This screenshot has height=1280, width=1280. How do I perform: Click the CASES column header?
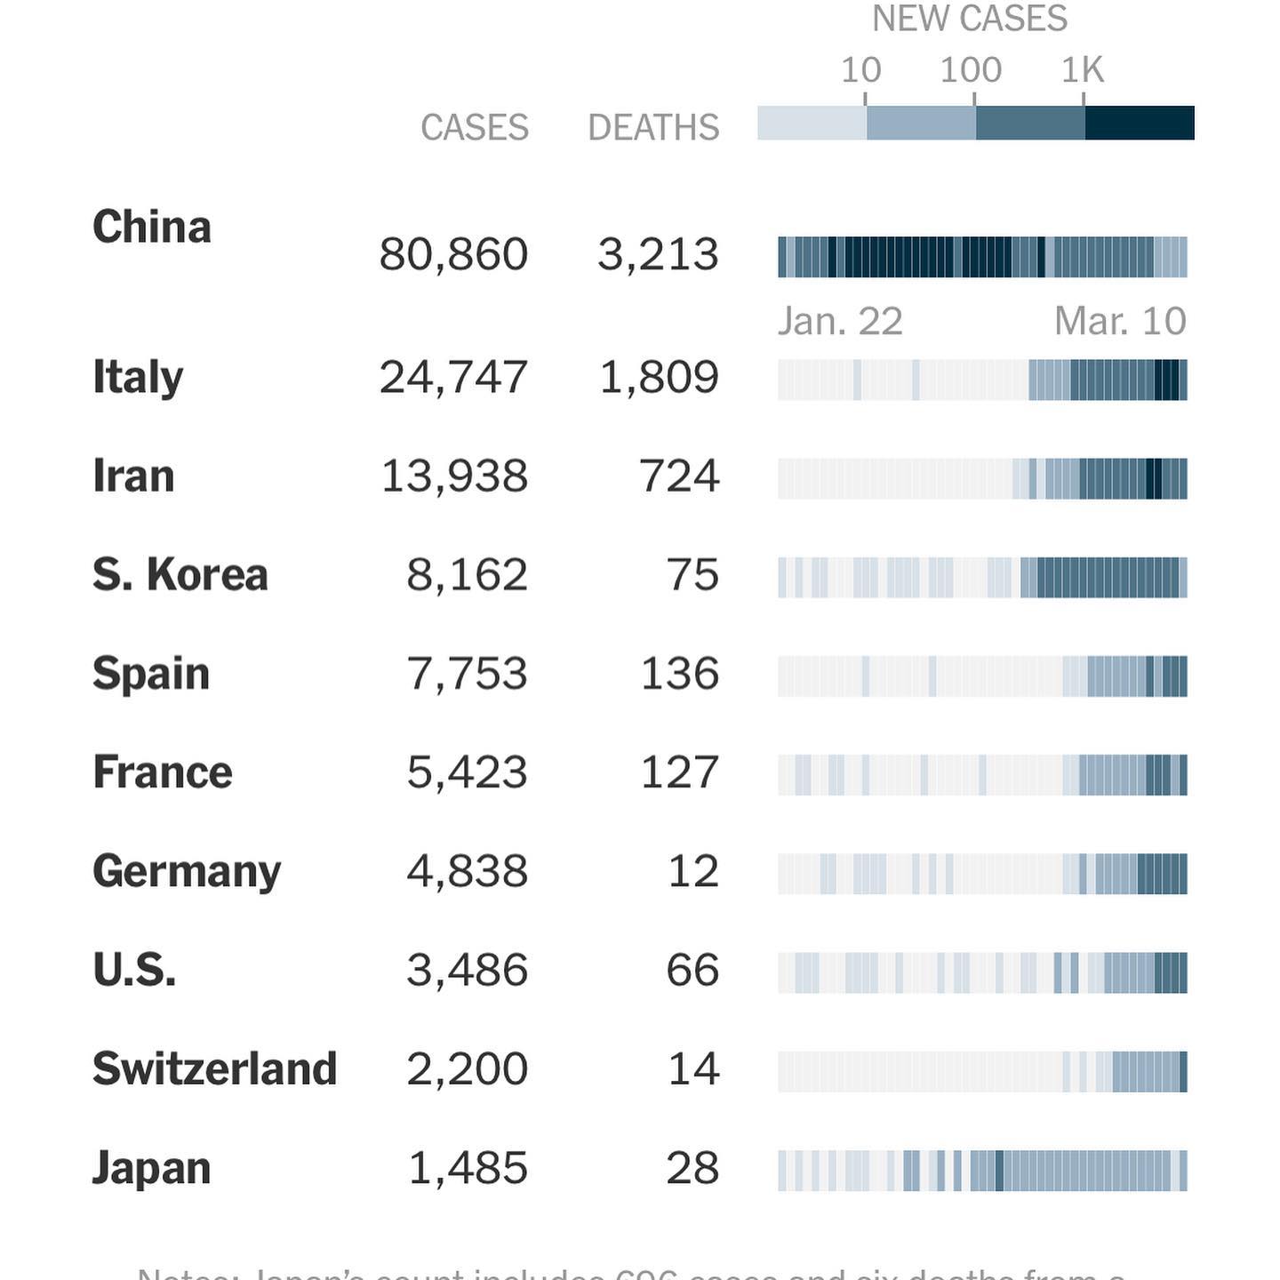tap(475, 128)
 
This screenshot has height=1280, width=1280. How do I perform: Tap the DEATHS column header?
tap(653, 128)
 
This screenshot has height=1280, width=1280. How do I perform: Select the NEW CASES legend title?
tap(970, 19)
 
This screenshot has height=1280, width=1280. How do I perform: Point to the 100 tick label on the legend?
tap(971, 70)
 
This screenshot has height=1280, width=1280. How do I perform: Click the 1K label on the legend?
tap(1083, 70)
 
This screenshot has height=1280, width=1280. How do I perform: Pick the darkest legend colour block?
tap(1140, 123)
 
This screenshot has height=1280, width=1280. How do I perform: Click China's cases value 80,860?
tap(453, 254)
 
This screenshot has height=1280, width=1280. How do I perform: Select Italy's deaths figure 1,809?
tap(659, 377)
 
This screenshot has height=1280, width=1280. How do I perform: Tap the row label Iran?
tap(133, 476)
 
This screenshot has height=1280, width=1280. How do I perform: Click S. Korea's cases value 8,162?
tap(467, 574)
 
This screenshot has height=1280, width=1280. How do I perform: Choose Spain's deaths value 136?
tap(680, 674)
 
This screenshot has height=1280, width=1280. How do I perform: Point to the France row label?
tap(163, 772)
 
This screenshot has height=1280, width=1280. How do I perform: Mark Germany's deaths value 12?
tap(693, 871)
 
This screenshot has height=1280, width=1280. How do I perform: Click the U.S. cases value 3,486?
tap(467, 970)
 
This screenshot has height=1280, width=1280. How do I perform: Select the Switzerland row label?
tap(214, 1068)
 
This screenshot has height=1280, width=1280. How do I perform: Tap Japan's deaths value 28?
tap(692, 1168)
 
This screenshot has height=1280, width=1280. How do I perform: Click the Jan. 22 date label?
tap(840, 321)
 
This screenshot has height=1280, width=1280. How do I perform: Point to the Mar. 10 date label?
tap(1120, 321)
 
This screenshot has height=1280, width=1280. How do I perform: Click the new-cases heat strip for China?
tap(982, 257)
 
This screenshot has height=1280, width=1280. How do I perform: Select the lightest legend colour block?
tap(812, 123)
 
